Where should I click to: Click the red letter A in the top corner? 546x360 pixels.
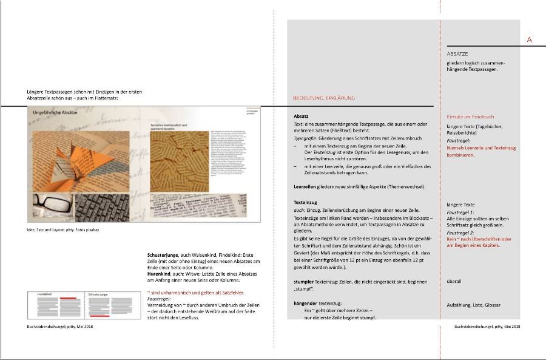(530, 39)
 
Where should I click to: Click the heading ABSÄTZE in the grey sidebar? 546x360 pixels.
(457, 53)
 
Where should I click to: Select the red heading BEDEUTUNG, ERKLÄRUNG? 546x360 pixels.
(323, 98)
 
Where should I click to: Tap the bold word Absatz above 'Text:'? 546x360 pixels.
(302, 115)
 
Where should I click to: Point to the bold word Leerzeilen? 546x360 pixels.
(306, 186)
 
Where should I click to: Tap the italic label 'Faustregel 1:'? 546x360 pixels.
(460, 212)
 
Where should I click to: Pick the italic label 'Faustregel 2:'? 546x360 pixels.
(460, 233)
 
